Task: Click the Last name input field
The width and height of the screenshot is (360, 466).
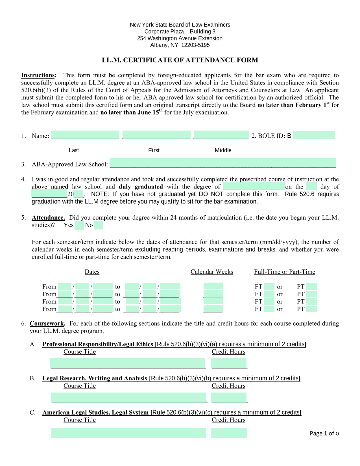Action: click(x=85, y=135)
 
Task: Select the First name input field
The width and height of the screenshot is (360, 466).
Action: click(x=156, y=135)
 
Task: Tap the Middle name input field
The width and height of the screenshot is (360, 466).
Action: click(x=221, y=135)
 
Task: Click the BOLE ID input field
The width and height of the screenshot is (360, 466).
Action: click(x=314, y=135)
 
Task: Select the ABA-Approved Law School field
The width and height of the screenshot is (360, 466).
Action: click(x=222, y=163)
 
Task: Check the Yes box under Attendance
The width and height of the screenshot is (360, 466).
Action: click(x=79, y=226)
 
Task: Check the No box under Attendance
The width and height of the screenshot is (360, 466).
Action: click(x=99, y=226)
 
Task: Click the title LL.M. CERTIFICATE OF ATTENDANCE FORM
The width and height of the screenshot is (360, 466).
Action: click(x=180, y=60)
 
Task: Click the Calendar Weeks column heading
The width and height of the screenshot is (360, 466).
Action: click(x=212, y=272)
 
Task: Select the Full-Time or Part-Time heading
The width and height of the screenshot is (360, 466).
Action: click(x=284, y=272)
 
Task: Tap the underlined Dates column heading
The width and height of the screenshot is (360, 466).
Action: click(x=92, y=272)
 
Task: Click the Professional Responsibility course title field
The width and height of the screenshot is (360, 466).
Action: click(x=128, y=363)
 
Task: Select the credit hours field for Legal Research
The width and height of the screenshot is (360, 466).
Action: click(x=229, y=397)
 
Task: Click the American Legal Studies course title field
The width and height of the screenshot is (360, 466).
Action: click(x=128, y=433)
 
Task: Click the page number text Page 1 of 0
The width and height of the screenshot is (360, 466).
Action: click(x=324, y=433)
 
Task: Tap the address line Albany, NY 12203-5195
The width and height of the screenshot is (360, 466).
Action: click(x=180, y=45)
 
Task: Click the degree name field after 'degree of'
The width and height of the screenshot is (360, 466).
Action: click(x=254, y=186)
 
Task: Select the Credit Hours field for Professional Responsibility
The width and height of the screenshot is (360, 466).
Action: click(x=229, y=363)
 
